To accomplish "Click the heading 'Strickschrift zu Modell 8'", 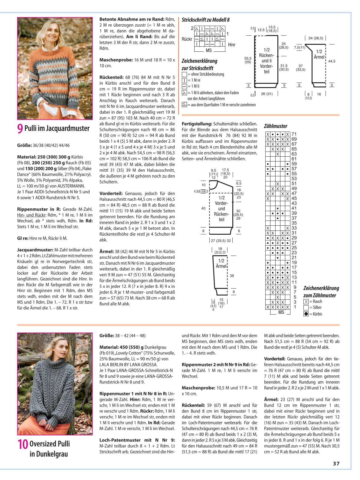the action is [x=206, y=20].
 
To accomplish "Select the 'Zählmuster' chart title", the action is [x=276, y=126].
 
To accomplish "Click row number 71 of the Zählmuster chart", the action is [x=294, y=134].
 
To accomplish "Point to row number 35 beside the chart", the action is [x=294, y=223].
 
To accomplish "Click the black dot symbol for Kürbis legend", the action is [x=306, y=314].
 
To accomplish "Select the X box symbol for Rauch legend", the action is [x=306, y=302].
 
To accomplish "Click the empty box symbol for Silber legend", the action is [x=306, y=308].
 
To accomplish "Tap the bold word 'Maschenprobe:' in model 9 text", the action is [x=116, y=60].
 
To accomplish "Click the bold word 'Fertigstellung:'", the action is [x=197, y=124].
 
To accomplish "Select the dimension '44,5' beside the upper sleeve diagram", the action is [x=332, y=61].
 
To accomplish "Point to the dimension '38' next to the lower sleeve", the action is [x=232, y=276].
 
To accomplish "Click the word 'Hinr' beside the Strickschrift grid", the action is [x=232, y=45].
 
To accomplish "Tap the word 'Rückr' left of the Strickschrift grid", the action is [x=187, y=39].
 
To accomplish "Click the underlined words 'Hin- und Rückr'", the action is [x=31, y=215].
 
